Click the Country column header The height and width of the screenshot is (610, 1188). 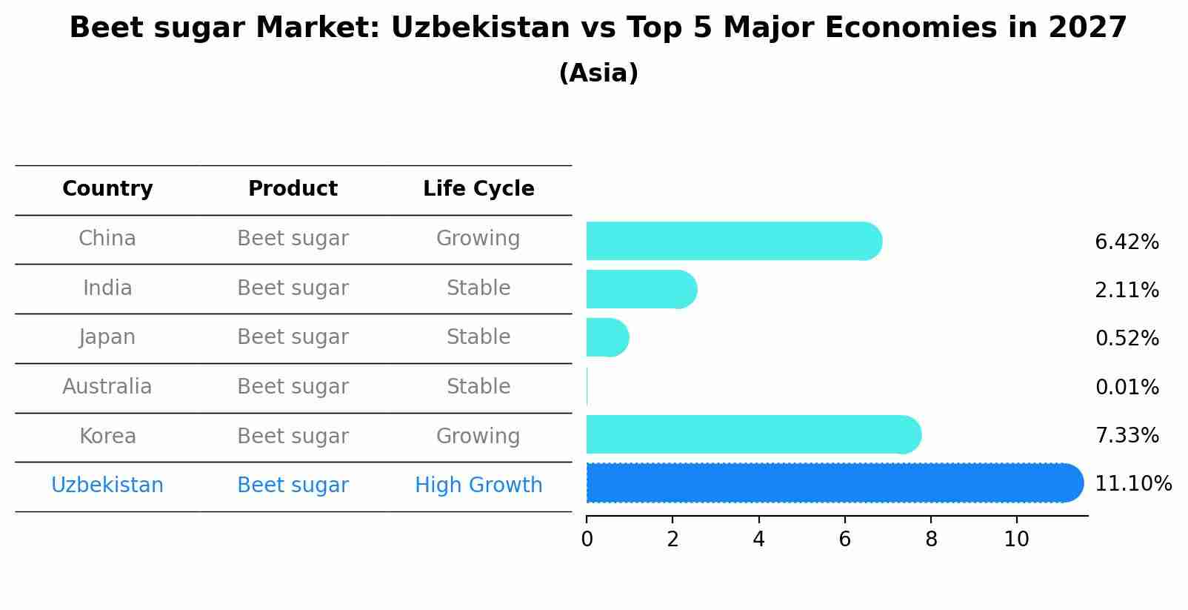pos(107,189)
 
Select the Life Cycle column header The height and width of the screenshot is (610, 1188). pos(478,189)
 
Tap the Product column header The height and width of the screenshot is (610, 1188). pos(293,189)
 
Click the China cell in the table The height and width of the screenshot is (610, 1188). pos(107,239)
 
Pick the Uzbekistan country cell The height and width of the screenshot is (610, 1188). pos(107,485)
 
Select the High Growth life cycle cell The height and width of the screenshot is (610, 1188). pos(478,485)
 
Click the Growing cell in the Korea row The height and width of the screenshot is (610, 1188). pos(478,436)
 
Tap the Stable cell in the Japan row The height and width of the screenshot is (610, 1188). pos(478,337)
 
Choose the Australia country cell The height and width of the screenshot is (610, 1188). pos(107,387)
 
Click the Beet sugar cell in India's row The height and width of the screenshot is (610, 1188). pos(293,288)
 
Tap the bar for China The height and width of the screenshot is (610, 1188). pos(733,241)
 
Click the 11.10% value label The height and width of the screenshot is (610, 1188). pos(1132,484)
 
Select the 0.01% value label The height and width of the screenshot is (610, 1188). pos(1127,387)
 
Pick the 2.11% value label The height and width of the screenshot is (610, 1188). pos(1127,291)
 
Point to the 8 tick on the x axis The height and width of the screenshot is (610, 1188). pos(931,540)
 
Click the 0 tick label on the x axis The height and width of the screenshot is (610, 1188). pos(587,540)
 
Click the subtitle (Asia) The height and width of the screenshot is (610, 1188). pos(598,73)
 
